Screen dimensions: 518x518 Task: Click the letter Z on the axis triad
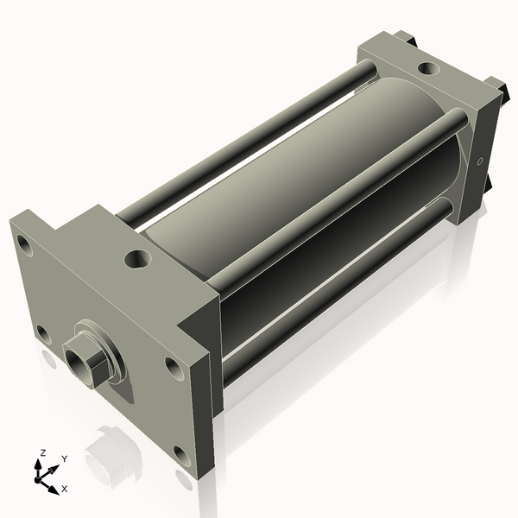click(x=42, y=453)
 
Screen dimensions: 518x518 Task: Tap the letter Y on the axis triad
click(x=65, y=459)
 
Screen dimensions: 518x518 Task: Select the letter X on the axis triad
click(x=65, y=489)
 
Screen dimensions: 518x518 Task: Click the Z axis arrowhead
click(x=38, y=464)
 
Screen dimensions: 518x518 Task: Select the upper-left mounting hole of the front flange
click(x=24, y=245)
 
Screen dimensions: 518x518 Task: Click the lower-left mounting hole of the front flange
click(x=44, y=335)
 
